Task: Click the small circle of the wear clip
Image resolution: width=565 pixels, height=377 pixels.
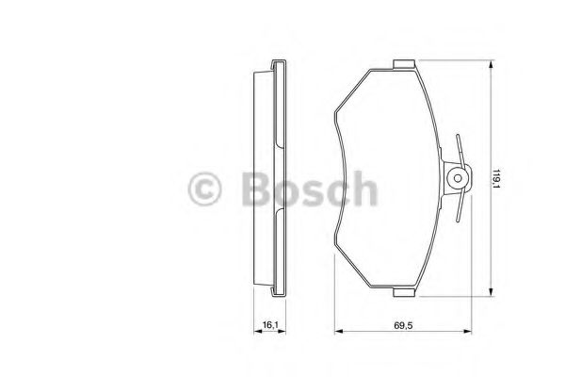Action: coord(459,176)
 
